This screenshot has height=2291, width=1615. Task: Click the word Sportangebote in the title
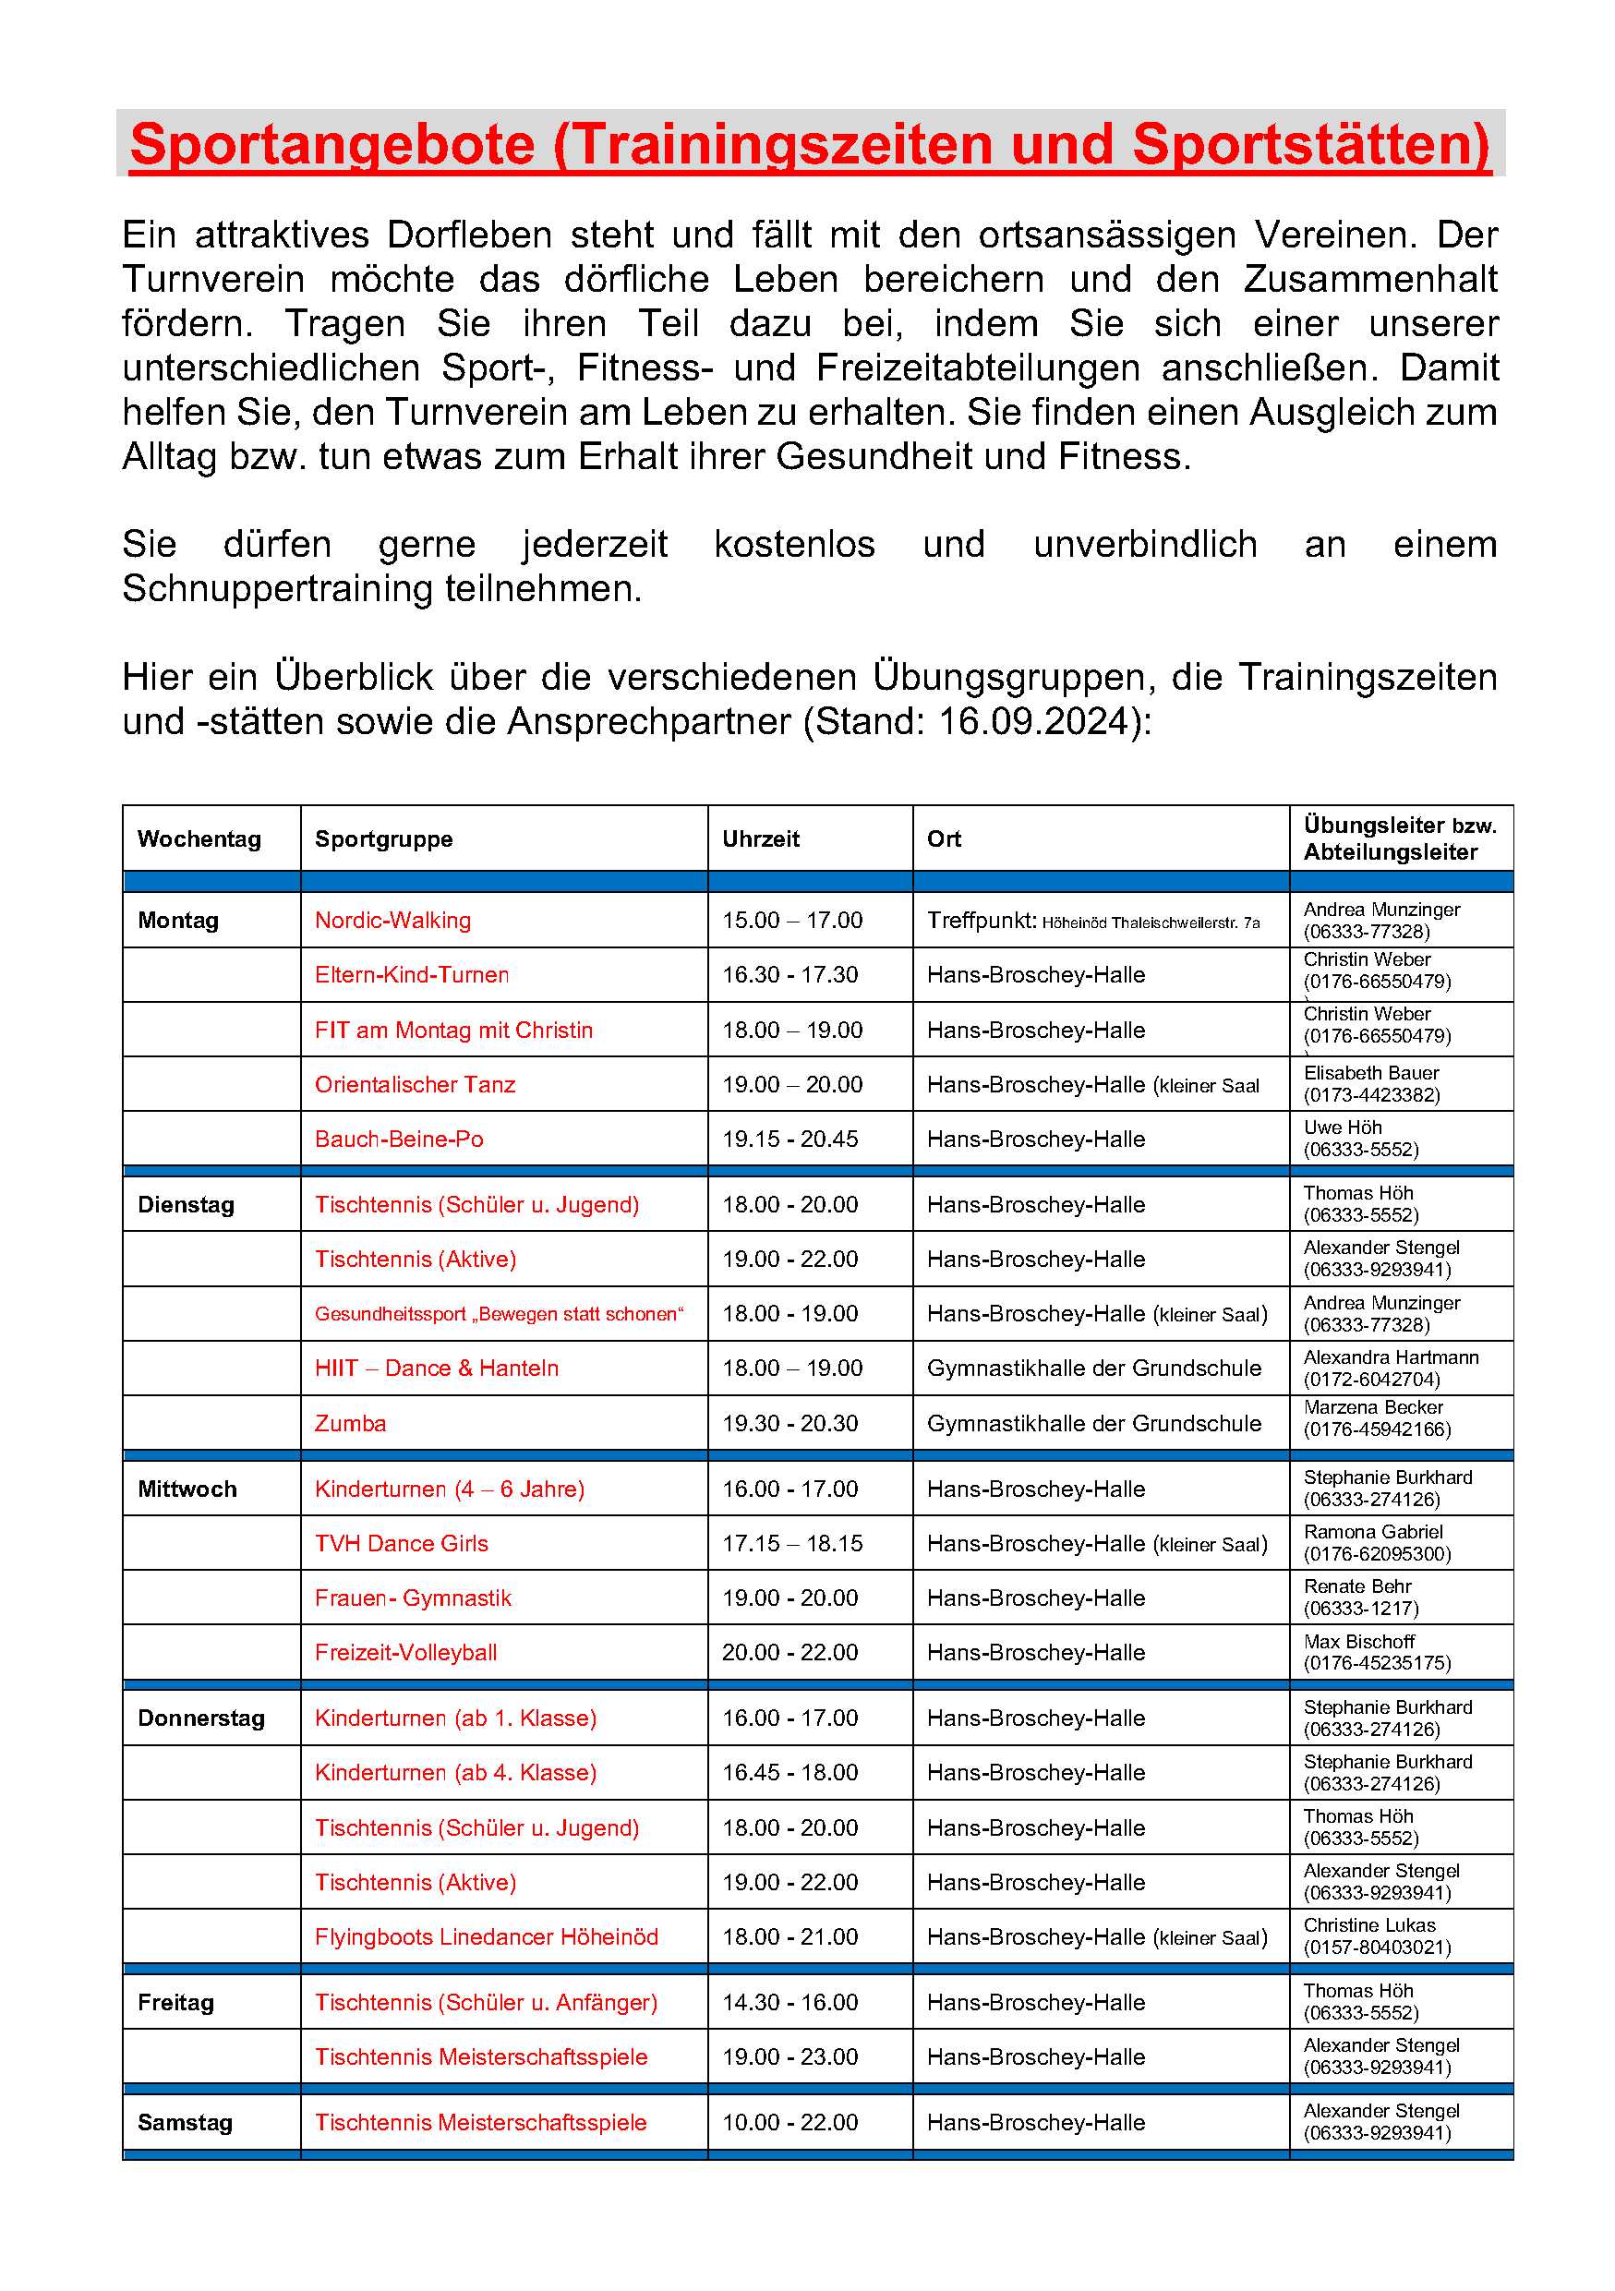click(332, 144)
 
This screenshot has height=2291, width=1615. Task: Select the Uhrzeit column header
click(760, 838)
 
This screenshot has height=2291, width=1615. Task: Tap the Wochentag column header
click(199, 838)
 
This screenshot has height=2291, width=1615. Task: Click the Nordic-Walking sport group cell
click(392, 920)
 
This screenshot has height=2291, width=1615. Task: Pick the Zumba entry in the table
click(350, 1423)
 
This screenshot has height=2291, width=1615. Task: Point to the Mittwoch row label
click(187, 1489)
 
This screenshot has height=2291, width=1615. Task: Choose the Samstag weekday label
click(185, 2122)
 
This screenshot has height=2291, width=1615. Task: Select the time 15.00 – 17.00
click(792, 920)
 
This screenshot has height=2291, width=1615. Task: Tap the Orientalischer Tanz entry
click(415, 1084)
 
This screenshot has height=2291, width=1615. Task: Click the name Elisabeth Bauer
click(1370, 1073)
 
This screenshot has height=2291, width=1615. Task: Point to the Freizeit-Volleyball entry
click(405, 1652)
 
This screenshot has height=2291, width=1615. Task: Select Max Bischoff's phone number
click(1377, 1663)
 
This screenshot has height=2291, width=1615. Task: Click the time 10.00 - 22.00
click(789, 2122)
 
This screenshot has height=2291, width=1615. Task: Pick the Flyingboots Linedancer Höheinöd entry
click(486, 1936)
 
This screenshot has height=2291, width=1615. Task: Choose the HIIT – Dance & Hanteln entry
click(436, 1368)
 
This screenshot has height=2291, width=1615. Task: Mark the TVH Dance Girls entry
click(401, 1544)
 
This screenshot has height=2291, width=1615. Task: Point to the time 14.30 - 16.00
click(789, 2002)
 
